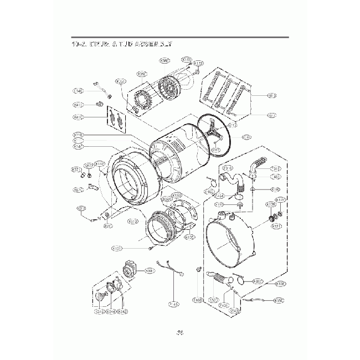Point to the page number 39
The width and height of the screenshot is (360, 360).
coord(180,332)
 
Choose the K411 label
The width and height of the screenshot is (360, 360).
coord(78,105)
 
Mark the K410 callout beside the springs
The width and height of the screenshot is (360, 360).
coord(78,117)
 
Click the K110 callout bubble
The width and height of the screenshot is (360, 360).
coord(78,135)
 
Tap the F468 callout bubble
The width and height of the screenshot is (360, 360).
coord(197,300)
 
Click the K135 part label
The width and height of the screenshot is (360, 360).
coord(189,237)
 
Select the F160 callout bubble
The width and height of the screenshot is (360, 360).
coord(209,192)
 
